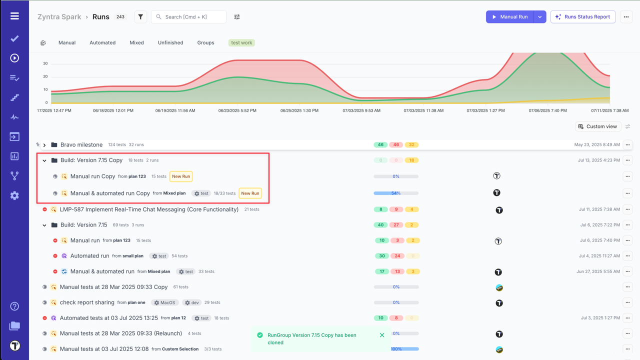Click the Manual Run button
click(x=510, y=17)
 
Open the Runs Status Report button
click(x=582, y=17)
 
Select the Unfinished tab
click(x=170, y=43)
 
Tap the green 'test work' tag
click(x=241, y=43)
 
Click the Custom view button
click(x=597, y=126)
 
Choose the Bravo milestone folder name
click(x=81, y=145)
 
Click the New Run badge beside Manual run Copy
click(x=180, y=176)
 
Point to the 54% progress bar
click(x=396, y=193)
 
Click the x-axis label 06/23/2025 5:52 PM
click(x=237, y=110)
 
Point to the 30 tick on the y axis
click(x=45, y=63)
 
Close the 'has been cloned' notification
click(x=382, y=335)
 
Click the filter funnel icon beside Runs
click(x=140, y=17)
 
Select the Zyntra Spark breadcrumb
click(x=59, y=17)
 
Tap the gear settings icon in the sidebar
click(x=14, y=195)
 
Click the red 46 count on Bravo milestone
click(x=396, y=145)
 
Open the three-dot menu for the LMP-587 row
click(x=627, y=209)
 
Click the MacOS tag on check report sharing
click(x=164, y=302)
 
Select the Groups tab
click(x=205, y=43)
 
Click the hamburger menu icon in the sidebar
click(x=14, y=16)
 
